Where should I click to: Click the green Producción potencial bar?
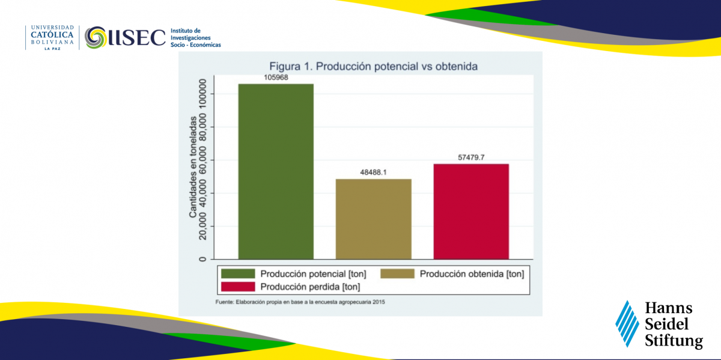(276, 171)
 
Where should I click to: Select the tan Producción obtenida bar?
(373, 219)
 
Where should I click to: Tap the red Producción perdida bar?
(471, 212)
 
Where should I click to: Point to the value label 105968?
(276, 78)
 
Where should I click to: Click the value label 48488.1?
(373, 172)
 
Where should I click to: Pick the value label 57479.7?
(471, 157)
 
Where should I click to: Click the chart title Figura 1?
(373, 66)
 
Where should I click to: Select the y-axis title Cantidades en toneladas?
(193, 167)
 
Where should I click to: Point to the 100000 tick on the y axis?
(202, 94)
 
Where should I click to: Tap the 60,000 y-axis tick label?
(202, 160)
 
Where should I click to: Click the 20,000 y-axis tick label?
(202, 226)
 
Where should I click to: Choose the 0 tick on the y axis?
(202, 259)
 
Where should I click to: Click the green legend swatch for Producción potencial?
(238, 273)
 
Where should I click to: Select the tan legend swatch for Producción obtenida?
(398, 273)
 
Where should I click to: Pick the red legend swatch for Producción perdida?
(238, 287)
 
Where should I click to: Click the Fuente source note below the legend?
(300, 302)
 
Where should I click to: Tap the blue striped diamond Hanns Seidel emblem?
(627, 323)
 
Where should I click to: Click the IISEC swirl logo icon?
(96, 37)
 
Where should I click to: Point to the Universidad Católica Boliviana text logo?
(52, 38)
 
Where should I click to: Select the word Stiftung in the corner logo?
(674, 341)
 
